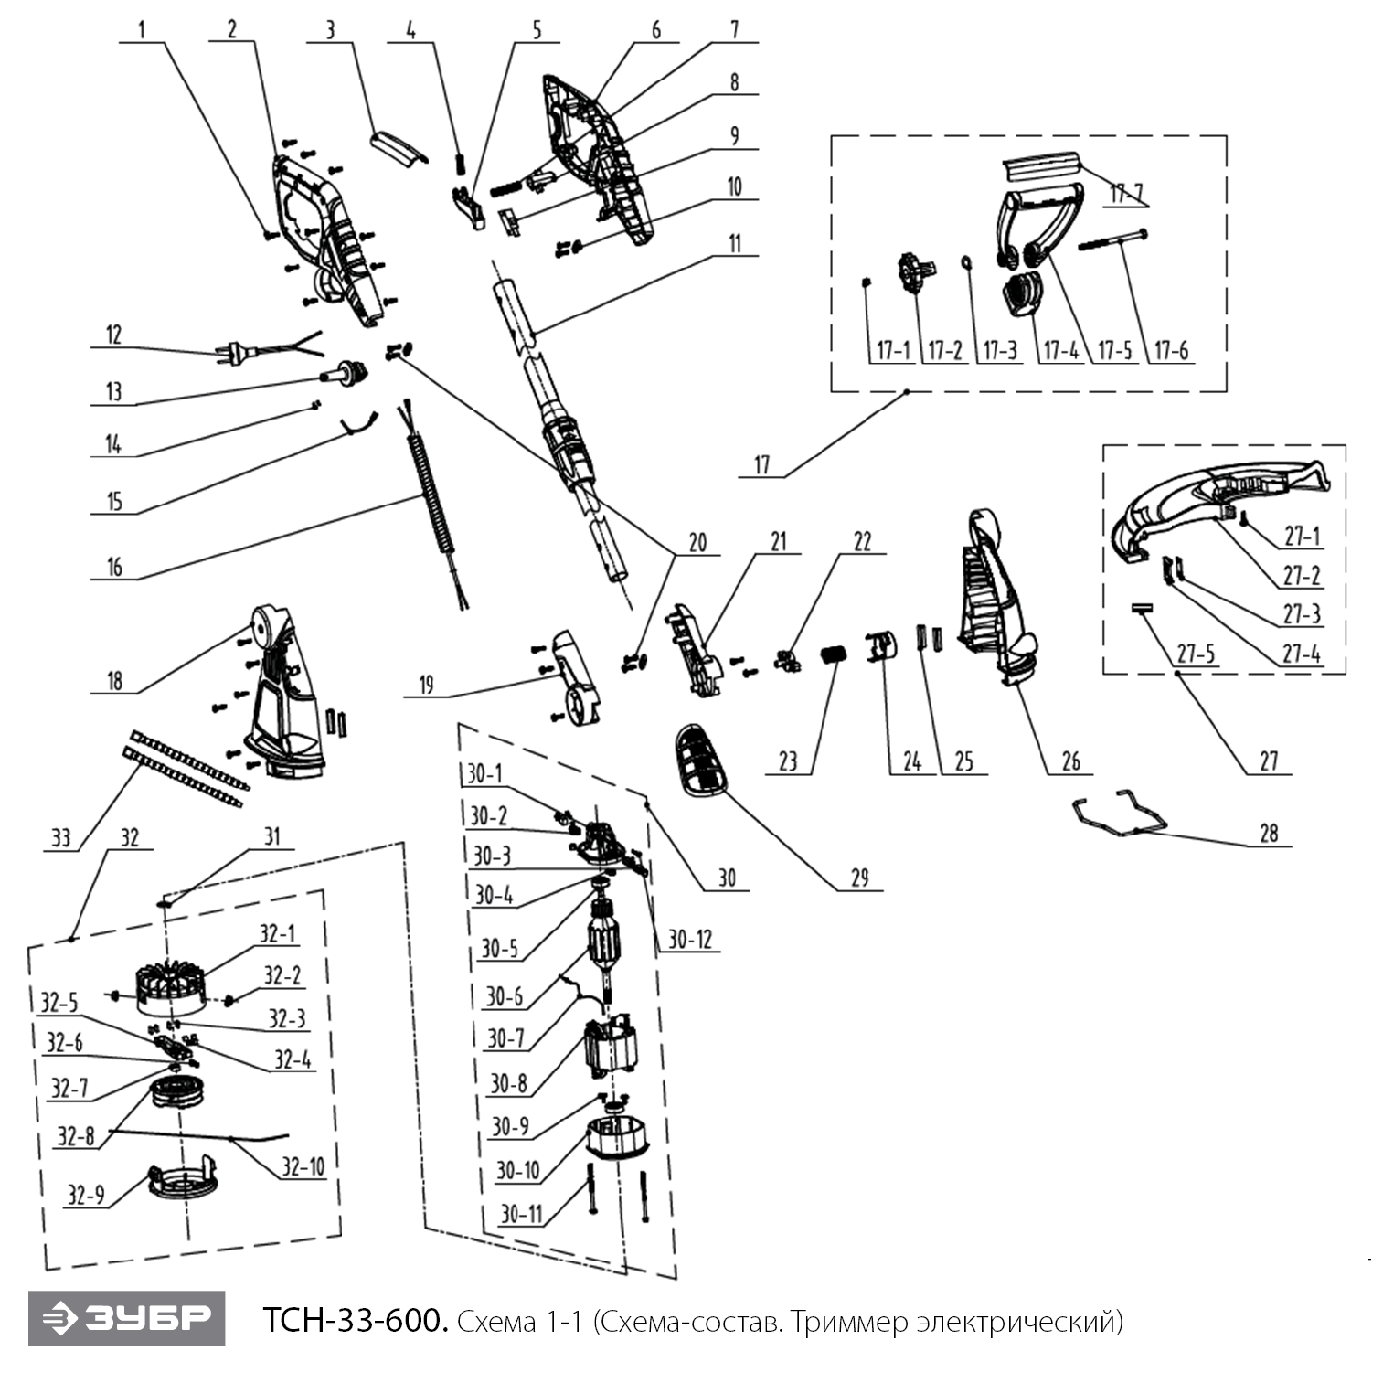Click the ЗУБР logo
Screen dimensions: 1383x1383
coord(126,1317)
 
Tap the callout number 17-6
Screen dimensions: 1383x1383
coord(1171,350)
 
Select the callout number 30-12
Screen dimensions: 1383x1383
coord(689,939)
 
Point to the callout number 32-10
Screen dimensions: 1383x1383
coord(303,1166)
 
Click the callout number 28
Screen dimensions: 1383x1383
coord(1269,833)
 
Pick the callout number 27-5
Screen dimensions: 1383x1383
coord(1196,654)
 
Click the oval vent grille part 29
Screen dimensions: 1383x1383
coord(701,761)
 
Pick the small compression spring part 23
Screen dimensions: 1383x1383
coord(833,656)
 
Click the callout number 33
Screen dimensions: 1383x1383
coord(60,837)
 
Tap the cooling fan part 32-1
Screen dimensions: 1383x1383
coord(171,989)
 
